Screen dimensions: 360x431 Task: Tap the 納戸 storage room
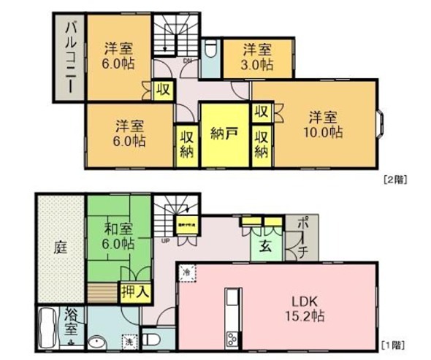[x=224, y=134]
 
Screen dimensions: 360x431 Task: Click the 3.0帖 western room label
[x=258, y=64]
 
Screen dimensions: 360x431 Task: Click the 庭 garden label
[x=60, y=248]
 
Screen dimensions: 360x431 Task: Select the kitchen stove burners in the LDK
[x=232, y=338]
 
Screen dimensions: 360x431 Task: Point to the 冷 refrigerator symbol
[x=186, y=272]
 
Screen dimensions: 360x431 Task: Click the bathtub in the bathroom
[x=47, y=329]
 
